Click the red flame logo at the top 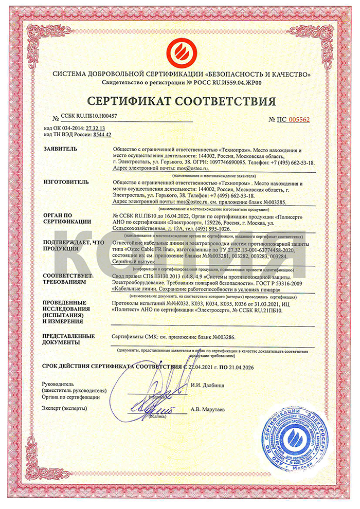point(179,50)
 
